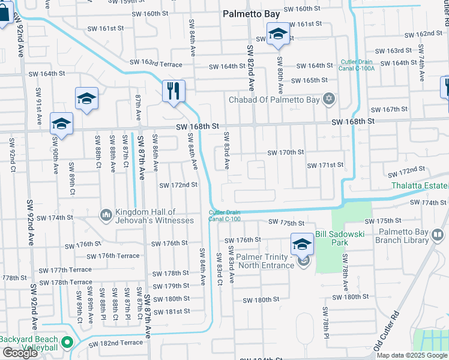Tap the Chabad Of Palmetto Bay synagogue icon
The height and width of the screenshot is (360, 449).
[328, 99]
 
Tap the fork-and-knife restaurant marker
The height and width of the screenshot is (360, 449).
[173, 91]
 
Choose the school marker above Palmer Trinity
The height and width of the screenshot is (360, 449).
[302, 243]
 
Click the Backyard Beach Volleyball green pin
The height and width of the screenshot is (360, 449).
[67, 343]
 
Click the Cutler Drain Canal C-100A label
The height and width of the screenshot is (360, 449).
[358, 65]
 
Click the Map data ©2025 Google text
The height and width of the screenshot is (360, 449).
[412, 355]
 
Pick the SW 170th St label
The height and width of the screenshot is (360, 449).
[286, 152]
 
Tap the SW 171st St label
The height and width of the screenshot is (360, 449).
[325, 165]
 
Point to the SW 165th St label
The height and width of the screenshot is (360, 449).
[309, 80]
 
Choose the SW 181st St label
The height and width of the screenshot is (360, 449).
[171, 311]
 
